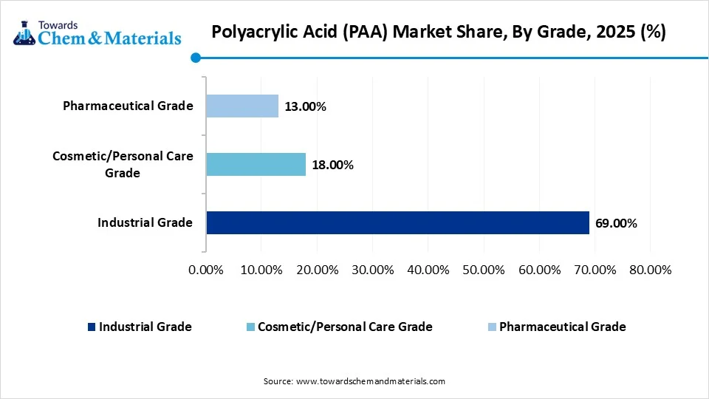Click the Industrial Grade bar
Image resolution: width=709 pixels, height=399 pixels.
397,222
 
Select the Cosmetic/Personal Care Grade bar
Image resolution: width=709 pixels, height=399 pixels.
256,164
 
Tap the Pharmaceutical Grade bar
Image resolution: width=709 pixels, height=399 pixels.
242,106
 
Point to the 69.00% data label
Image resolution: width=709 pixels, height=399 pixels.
617,223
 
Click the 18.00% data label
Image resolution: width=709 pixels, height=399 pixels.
332,165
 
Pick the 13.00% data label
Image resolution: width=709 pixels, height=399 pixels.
305,106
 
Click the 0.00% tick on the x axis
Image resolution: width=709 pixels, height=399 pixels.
206,270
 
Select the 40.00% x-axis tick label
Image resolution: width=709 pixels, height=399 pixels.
428,270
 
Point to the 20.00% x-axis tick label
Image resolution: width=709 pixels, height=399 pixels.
317,270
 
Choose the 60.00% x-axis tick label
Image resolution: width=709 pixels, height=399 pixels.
538,270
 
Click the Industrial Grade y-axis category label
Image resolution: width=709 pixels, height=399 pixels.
145,222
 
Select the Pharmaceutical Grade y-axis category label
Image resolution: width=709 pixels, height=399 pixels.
128,106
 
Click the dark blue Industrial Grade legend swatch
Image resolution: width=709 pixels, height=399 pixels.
91,327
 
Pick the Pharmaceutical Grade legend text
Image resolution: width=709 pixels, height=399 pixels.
562,327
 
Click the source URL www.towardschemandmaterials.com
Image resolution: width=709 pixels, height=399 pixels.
370,381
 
